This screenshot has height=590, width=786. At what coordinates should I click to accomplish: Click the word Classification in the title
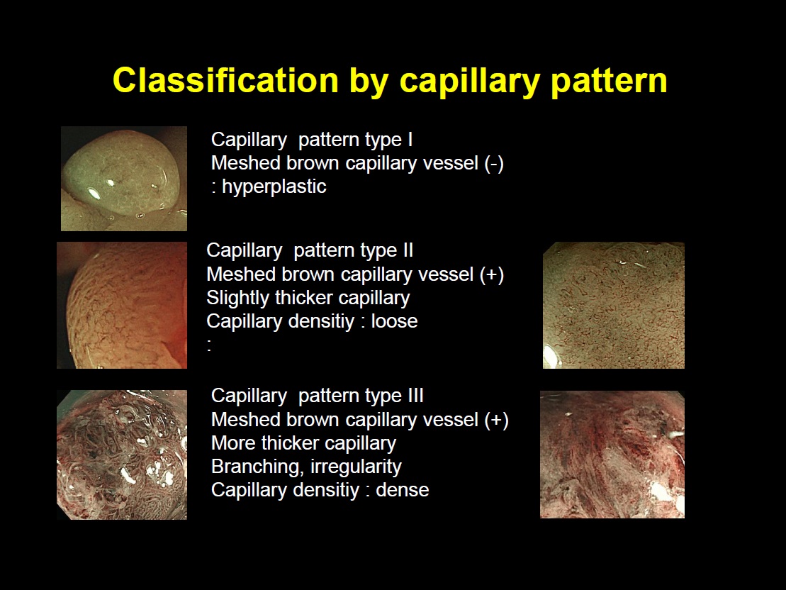pyautogui.click(x=226, y=79)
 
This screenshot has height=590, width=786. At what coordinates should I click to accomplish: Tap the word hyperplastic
pyautogui.click(x=274, y=187)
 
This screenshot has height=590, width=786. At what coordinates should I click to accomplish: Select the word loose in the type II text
pyautogui.click(x=394, y=321)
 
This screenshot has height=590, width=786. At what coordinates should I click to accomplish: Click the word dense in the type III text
pyautogui.click(x=402, y=490)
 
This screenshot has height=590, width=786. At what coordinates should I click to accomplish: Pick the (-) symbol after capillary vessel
pyautogui.click(x=494, y=164)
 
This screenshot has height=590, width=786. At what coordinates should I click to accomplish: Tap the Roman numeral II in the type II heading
pyautogui.click(x=408, y=250)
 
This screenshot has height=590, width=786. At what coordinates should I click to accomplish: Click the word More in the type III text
pyautogui.click(x=232, y=443)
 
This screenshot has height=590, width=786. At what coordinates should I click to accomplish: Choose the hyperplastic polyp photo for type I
pyautogui.click(x=124, y=179)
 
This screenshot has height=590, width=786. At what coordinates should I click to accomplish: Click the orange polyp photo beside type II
pyautogui.click(x=122, y=305)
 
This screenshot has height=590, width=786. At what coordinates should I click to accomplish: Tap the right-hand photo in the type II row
pyautogui.click(x=614, y=305)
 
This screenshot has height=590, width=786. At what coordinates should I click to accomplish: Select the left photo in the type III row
pyautogui.click(x=122, y=455)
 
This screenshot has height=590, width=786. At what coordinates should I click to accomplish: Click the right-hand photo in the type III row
pyautogui.click(x=612, y=455)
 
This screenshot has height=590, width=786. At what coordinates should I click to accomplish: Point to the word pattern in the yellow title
pyautogui.click(x=609, y=81)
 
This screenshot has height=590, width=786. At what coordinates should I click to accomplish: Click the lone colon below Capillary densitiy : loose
pyautogui.click(x=209, y=345)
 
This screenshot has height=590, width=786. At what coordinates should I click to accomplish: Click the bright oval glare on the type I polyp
pyautogui.click(x=94, y=193)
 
